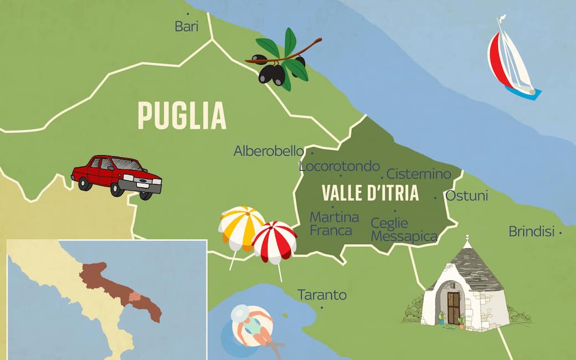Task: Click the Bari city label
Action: click(x=186, y=26)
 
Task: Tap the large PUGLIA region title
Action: click(x=182, y=116)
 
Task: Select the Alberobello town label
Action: click(x=269, y=151)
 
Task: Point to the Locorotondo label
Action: click(x=339, y=166)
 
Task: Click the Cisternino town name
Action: click(x=419, y=174)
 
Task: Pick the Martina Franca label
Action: click(x=334, y=224)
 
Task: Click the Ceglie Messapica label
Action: click(x=397, y=230)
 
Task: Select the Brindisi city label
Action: click(x=531, y=232)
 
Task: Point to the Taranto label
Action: click(x=322, y=295)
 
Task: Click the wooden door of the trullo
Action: click(x=454, y=308)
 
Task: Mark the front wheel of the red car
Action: click(x=146, y=194)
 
